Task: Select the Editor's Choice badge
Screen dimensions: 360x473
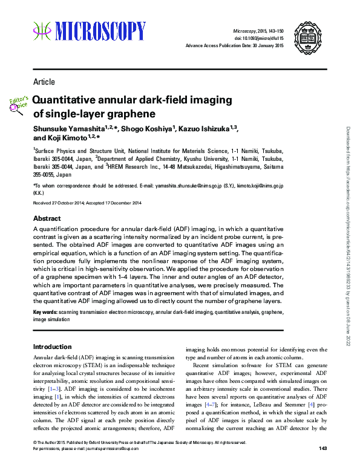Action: tap(19, 103)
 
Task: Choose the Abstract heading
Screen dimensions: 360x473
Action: tap(47, 218)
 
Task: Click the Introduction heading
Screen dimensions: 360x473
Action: tap(52, 347)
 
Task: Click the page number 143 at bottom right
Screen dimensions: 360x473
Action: tap(322, 465)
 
